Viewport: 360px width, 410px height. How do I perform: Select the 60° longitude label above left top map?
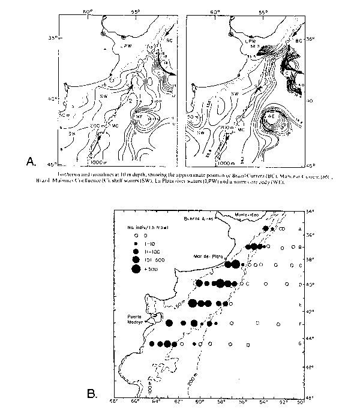point(88,11)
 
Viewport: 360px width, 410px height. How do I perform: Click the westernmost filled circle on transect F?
point(169,323)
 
